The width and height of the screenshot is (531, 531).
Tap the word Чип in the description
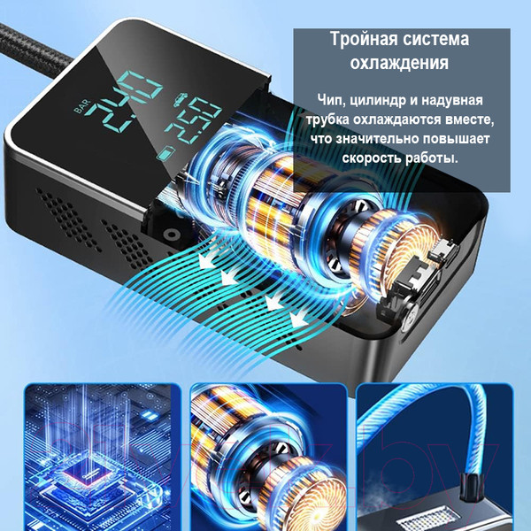331,99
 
